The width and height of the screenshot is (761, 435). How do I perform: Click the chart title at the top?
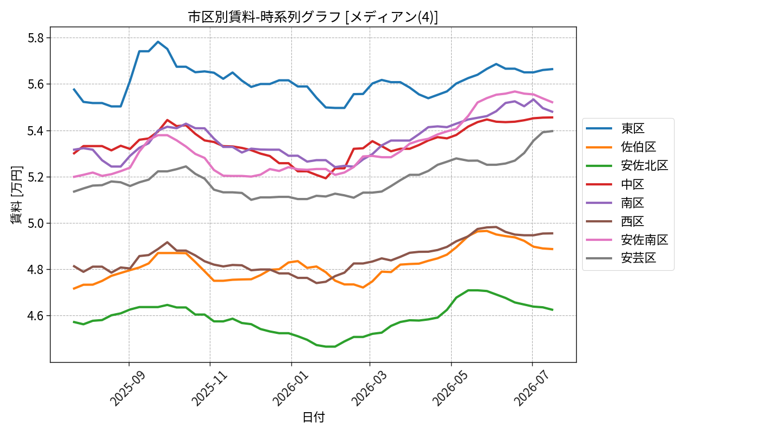click(313, 17)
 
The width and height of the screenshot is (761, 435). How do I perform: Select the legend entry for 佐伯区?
click(621, 147)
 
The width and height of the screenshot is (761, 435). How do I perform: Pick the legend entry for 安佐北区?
click(627, 165)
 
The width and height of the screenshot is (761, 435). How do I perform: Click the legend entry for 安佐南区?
click(627, 240)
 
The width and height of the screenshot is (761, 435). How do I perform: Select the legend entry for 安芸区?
click(621, 258)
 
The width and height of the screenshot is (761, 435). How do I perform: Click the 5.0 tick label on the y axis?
click(36, 223)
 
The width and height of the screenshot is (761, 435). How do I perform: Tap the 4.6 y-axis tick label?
click(36, 316)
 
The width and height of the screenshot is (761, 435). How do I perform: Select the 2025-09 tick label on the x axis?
click(128, 388)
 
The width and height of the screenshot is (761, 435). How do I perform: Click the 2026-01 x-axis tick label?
click(290, 388)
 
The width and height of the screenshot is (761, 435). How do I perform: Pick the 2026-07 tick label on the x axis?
click(531, 388)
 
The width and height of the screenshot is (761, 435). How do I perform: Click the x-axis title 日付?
click(313, 418)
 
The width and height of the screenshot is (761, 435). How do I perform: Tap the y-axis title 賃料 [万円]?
click(16, 195)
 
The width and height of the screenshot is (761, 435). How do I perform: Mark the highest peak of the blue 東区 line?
click(158, 42)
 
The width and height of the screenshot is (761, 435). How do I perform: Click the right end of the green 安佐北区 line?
click(553, 310)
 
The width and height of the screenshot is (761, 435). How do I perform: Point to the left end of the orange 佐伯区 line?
click(74, 289)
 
